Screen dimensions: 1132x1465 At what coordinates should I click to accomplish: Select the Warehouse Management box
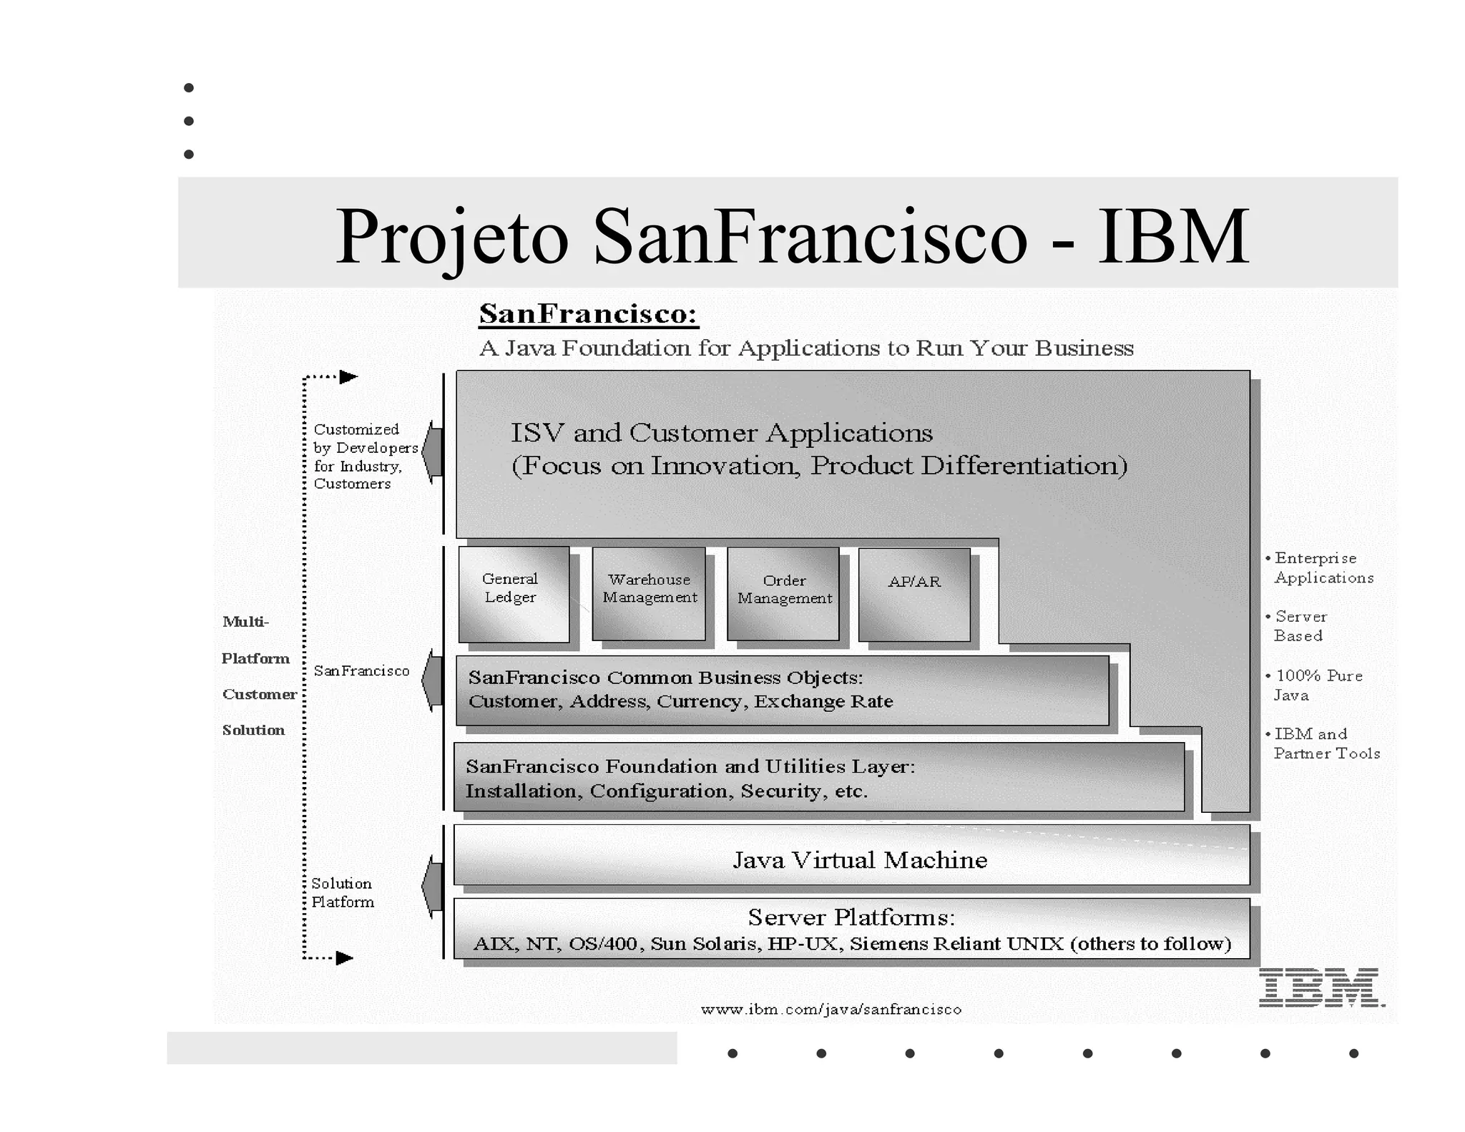pos(649,594)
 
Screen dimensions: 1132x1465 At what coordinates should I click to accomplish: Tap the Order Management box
pos(783,594)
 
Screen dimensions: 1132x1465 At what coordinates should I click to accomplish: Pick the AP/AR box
pos(914,594)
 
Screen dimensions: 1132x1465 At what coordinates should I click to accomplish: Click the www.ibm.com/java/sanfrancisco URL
pos(831,1010)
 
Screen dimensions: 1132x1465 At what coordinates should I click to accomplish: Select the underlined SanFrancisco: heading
pos(588,314)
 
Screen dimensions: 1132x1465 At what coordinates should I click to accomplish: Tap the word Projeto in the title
pos(452,236)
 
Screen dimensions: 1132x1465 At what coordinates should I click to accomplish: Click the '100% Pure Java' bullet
pos(1318,685)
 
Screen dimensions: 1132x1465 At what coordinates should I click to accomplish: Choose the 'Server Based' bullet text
pos(1300,626)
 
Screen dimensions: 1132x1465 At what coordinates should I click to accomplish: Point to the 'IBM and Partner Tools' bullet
pos(1325,743)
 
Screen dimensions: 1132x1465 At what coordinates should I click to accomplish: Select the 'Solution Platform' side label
pos(342,893)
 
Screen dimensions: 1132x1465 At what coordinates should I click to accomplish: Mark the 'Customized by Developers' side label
pos(365,457)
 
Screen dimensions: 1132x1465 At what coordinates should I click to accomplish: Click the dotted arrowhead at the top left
pos(348,377)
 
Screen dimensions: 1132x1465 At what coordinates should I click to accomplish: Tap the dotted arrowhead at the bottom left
pos(344,958)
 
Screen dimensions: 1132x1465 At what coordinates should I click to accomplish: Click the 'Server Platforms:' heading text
pos(851,917)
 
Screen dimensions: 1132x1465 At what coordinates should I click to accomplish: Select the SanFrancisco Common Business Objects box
pos(782,690)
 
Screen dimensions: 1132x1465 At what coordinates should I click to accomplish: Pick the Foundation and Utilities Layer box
pos(818,778)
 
